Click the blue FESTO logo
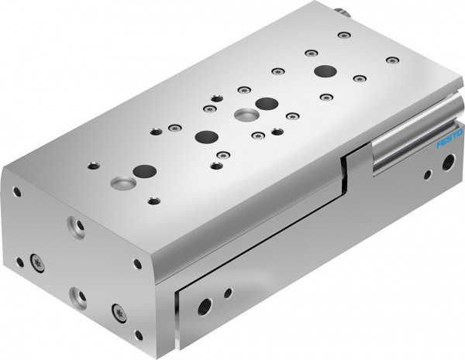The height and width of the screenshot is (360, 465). point(448,142)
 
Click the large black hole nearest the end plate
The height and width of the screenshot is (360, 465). point(144,170)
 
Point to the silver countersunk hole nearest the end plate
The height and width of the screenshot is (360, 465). point(122,183)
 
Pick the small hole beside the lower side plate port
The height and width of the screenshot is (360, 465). point(227,293)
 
